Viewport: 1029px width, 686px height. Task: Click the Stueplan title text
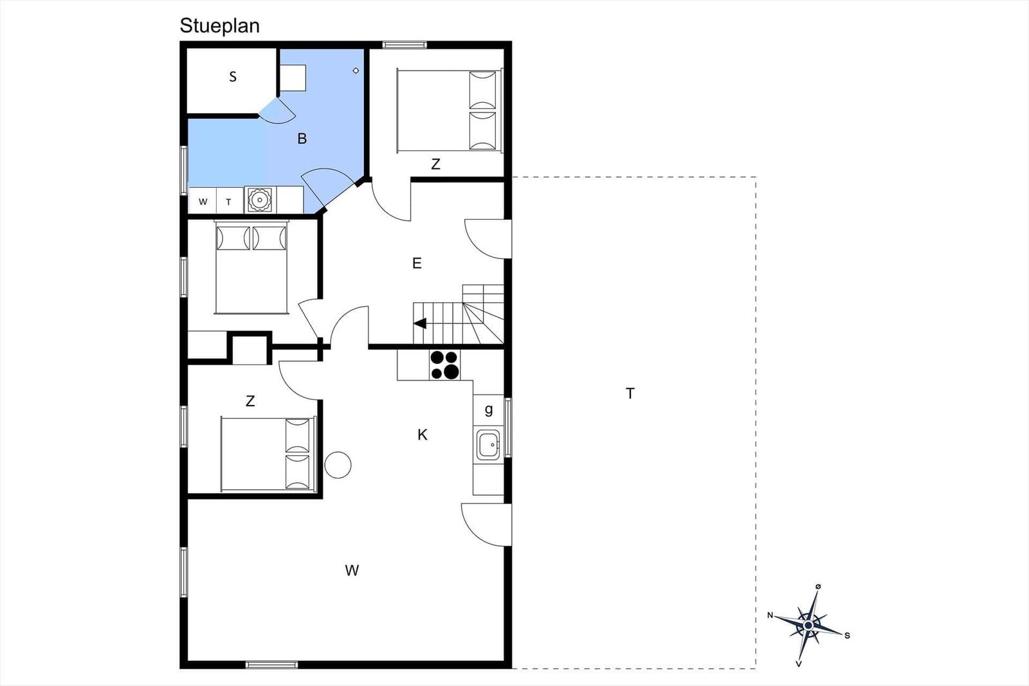pos(219,26)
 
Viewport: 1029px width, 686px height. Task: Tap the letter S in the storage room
pos(233,77)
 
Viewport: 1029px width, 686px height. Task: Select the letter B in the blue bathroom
pos(302,138)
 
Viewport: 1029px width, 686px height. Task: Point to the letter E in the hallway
pos(417,263)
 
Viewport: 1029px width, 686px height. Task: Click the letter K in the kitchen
pos(422,435)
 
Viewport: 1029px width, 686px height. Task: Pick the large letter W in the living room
pos(352,570)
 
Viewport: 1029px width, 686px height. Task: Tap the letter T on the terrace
pos(630,393)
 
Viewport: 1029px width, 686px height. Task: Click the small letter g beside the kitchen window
pos(489,409)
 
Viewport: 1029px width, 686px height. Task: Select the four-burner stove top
pos(444,365)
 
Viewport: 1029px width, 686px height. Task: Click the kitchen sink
pos(488,444)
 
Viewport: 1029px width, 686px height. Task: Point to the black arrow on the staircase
pos(420,324)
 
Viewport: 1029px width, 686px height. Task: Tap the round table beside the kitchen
pos(338,465)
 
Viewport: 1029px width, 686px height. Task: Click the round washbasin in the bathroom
pos(260,200)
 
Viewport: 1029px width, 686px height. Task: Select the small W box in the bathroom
pos(203,201)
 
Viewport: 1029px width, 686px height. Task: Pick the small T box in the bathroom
pos(229,201)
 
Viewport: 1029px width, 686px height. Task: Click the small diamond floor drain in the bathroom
pos(356,71)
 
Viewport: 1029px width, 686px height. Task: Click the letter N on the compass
pos(770,615)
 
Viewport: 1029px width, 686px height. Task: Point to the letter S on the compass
pos(847,635)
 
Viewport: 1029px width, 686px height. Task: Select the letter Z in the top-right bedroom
pos(435,164)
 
